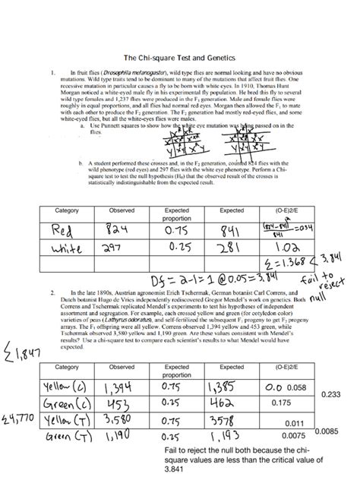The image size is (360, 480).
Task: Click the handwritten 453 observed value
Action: (122, 403)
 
